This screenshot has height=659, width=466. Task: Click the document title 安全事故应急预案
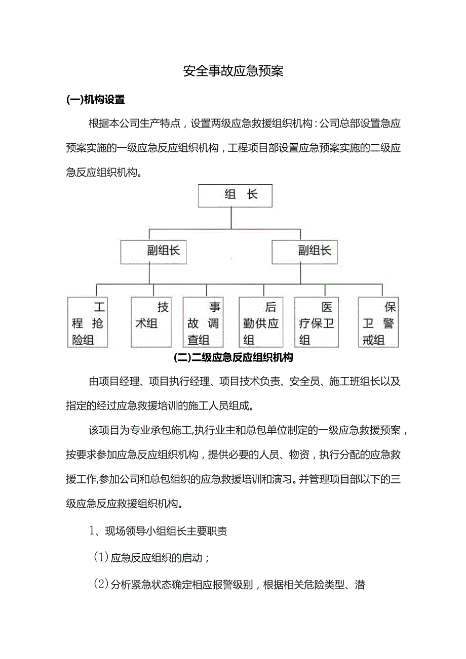tap(233, 71)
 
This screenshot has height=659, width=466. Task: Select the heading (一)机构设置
tap(96, 100)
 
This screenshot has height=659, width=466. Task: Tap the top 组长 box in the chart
tap(235, 195)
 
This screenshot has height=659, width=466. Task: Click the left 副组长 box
tap(153, 252)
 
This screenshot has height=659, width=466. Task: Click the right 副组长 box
tap(304, 252)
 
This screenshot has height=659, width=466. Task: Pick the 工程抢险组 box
tap(88, 322)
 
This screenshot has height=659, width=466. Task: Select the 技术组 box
tap(151, 322)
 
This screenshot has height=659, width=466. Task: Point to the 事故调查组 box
tap(203, 322)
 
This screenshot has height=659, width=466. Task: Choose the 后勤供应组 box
tap(259, 322)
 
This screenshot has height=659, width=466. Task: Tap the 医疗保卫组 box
tap(317, 322)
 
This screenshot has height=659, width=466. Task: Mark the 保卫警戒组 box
tap(378, 322)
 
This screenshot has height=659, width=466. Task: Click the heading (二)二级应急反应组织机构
tap(233, 358)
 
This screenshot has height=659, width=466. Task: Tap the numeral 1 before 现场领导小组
tap(93, 531)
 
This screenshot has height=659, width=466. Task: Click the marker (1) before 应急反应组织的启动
tap(101, 558)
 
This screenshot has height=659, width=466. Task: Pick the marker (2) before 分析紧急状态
tap(101, 586)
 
